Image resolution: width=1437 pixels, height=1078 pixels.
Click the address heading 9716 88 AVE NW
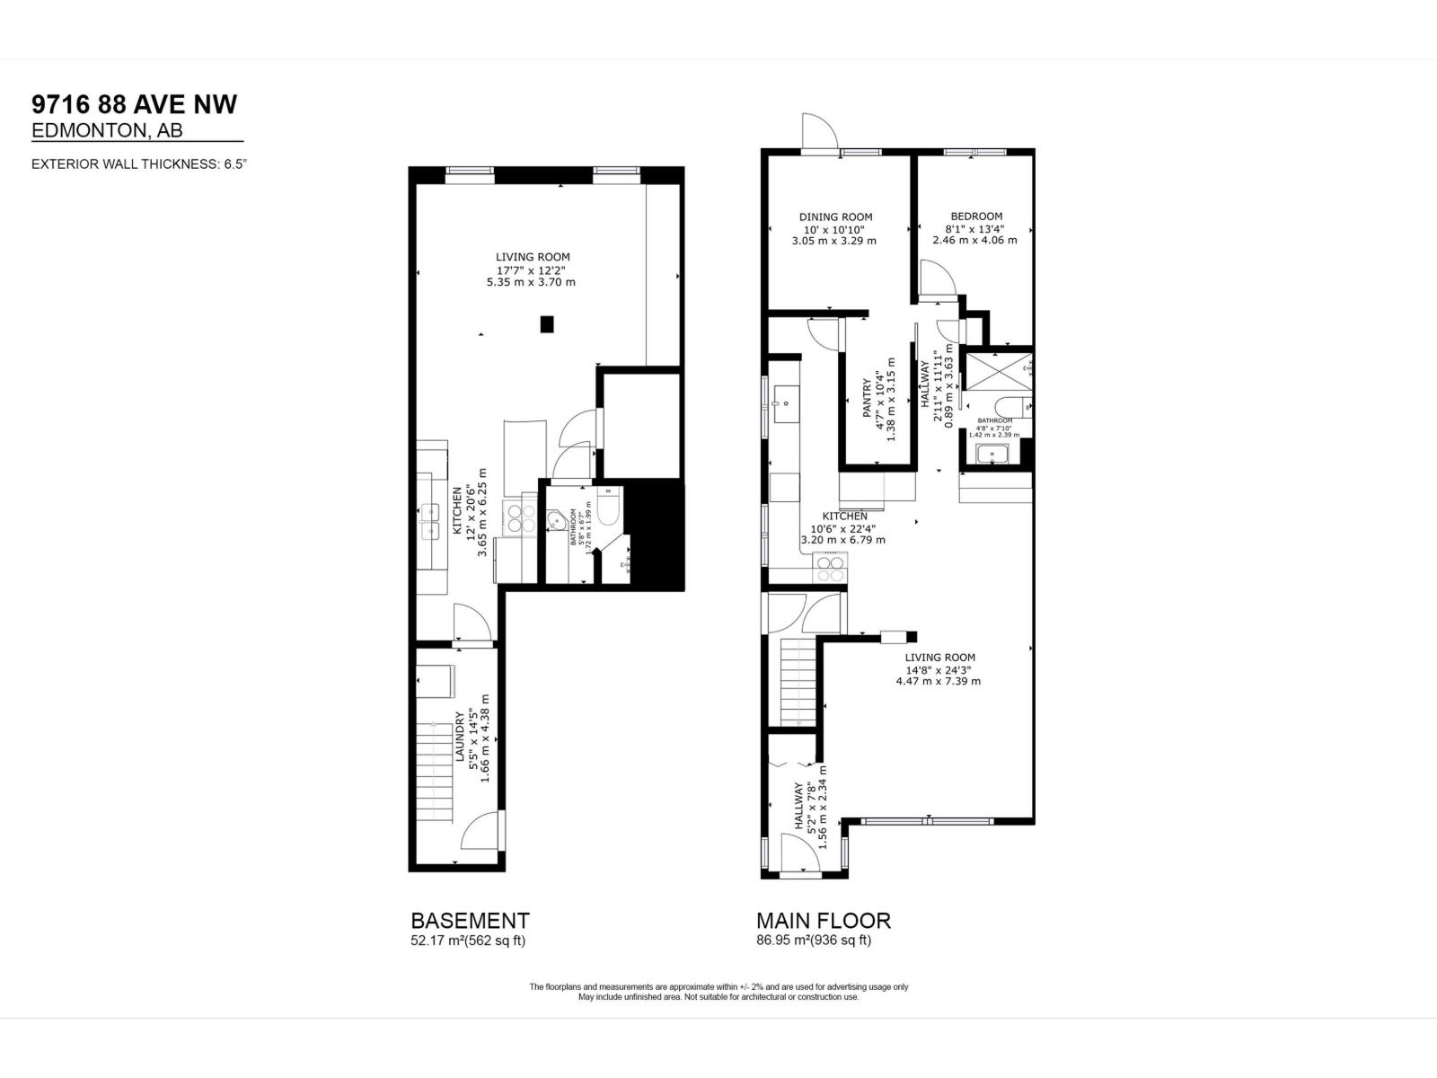pyautogui.click(x=135, y=104)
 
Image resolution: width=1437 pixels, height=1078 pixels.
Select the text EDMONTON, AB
pyautogui.click(x=107, y=131)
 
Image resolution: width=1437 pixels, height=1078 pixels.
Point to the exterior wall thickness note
pyautogui.click(x=139, y=164)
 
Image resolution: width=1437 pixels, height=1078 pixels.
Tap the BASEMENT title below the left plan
pyautogui.click(x=470, y=921)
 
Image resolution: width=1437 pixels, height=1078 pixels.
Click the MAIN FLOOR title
pyautogui.click(x=824, y=921)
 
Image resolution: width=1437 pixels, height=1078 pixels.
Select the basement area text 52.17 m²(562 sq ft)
pyautogui.click(x=468, y=941)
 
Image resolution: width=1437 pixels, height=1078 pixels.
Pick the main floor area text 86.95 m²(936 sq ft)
pyautogui.click(x=814, y=941)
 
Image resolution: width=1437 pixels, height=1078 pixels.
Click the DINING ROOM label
pyautogui.click(x=835, y=216)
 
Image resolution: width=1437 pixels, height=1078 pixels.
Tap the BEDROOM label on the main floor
pyautogui.click(x=976, y=216)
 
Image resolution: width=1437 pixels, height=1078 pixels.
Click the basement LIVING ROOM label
pyautogui.click(x=533, y=257)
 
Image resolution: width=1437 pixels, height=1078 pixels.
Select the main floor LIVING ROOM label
pyautogui.click(x=939, y=657)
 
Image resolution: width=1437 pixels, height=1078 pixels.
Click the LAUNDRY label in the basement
pyautogui.click(x=460, y=737)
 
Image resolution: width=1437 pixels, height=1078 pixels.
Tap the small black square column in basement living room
pyautogui.click(x=547, y=324)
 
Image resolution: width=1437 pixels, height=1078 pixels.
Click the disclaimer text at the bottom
pyautogui.click(x=718, y=992)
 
